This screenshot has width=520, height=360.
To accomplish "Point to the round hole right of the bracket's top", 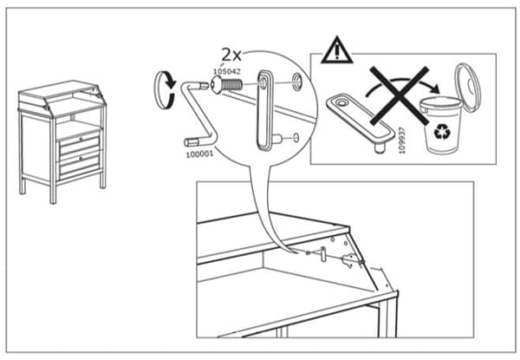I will click(297, 82).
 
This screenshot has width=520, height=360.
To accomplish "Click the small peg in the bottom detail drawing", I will click(323, 253).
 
